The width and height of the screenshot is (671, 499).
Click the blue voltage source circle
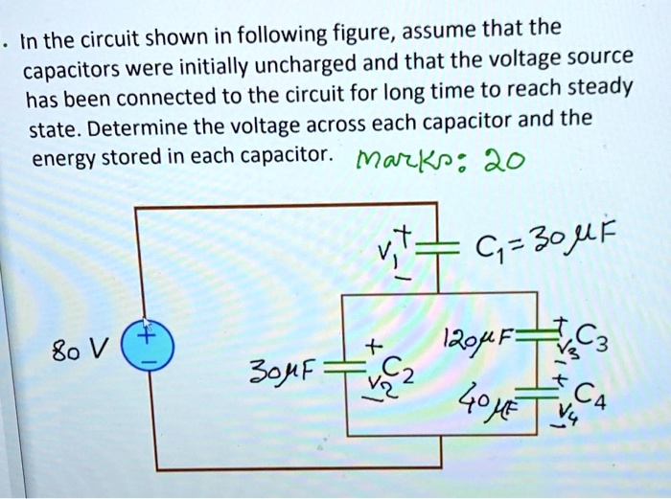click(150, 353)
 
